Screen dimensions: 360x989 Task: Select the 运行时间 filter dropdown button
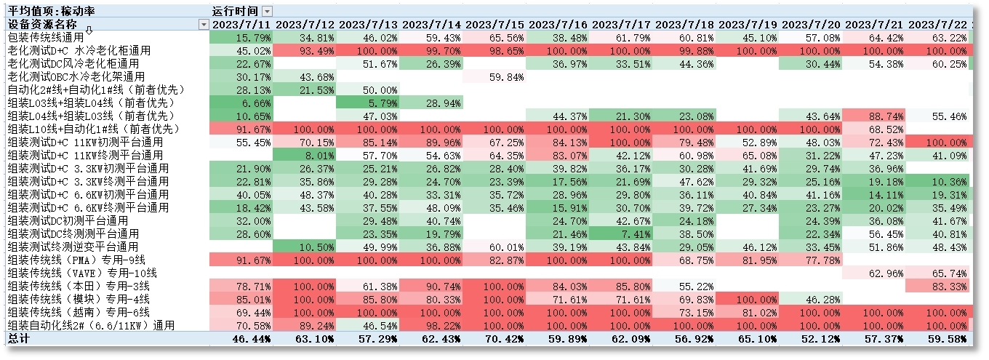click(268, 11)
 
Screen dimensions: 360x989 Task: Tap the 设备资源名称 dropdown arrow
click(204, 25)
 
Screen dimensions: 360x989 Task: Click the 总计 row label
click(20, 338)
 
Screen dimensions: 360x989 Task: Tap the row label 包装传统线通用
click(45, 37)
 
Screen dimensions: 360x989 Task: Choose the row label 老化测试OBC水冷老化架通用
click(76, 76)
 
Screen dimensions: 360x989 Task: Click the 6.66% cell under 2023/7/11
click(241, 103)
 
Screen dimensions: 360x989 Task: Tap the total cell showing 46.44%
click(241, 338)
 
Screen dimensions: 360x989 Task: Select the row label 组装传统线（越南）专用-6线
click(79, 312)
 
